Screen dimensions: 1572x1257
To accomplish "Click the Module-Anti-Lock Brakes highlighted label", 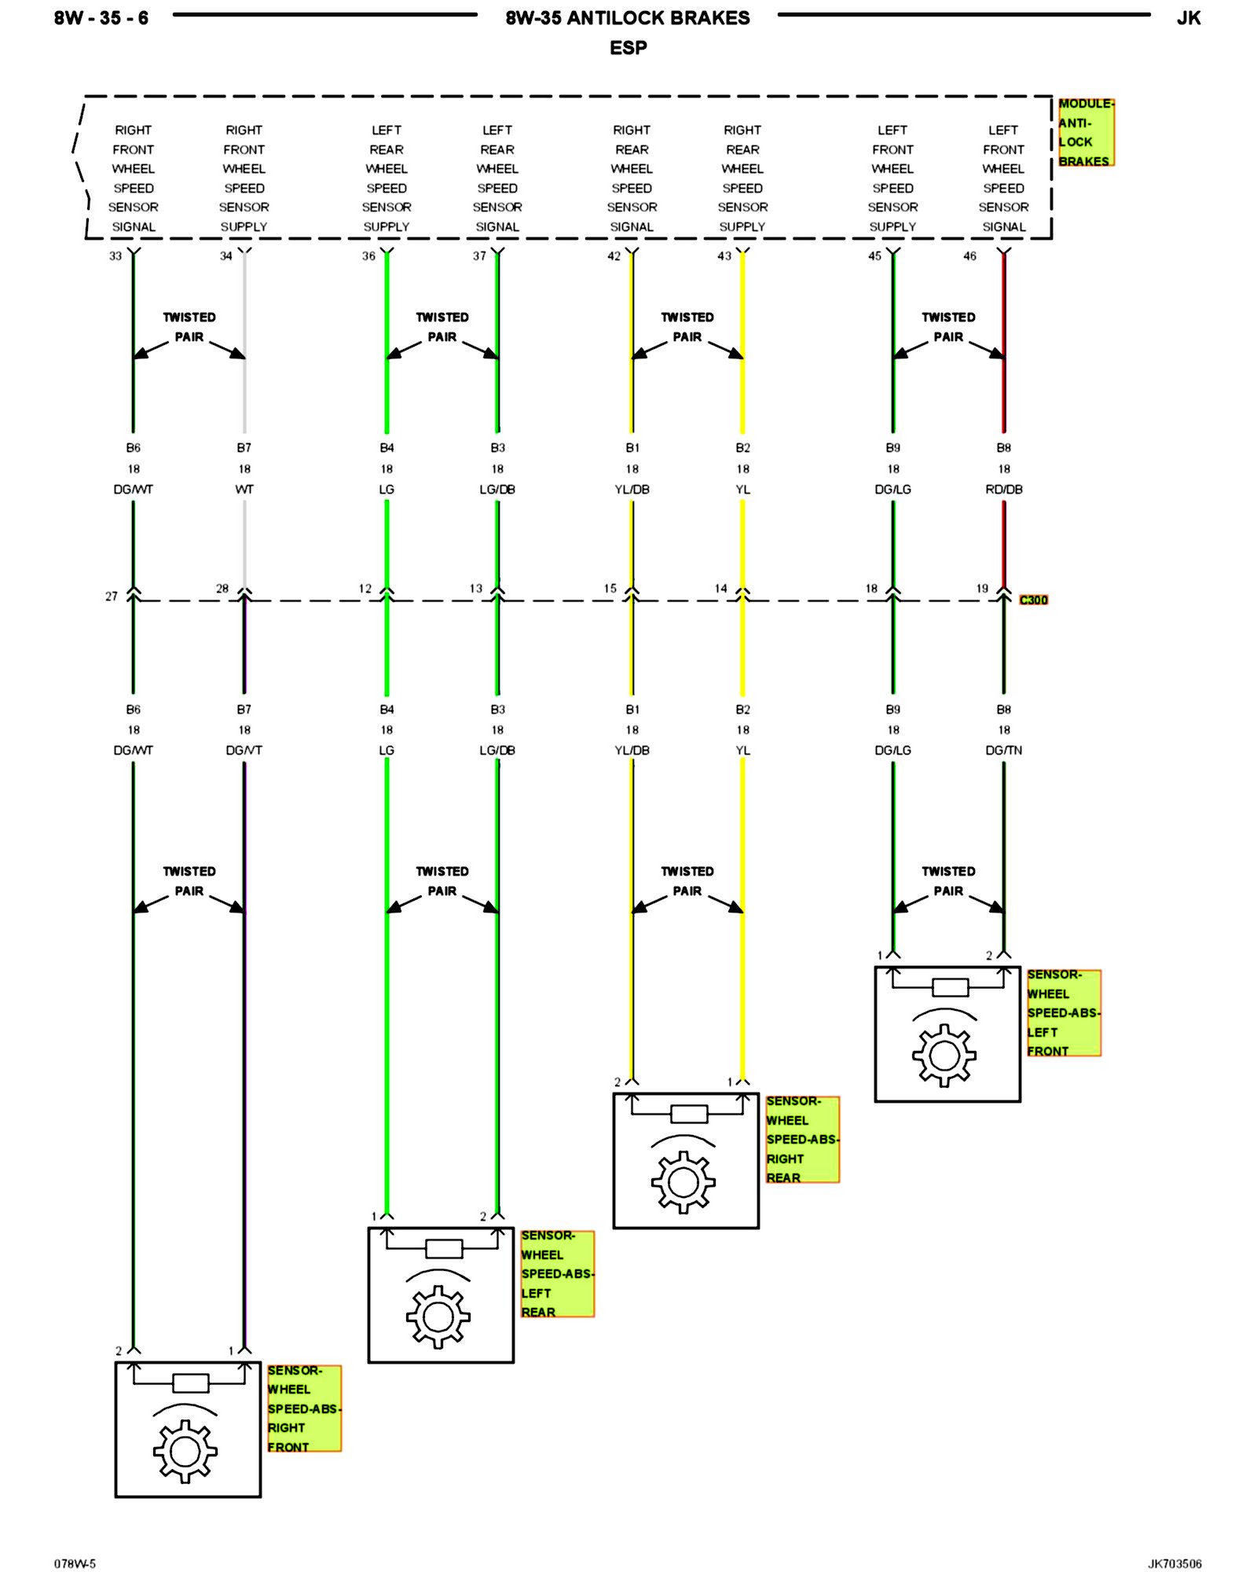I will coord(1085,132).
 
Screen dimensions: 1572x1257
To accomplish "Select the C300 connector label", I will coord(1033,600).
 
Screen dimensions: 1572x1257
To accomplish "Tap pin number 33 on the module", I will coord(115,256).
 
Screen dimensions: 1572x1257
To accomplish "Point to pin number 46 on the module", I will coord(969,256).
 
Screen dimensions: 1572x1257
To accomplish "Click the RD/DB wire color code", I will coord(1003,489).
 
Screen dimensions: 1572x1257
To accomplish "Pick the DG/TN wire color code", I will coord(1003,750).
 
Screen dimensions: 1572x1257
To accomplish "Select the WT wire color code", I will coord(244,489).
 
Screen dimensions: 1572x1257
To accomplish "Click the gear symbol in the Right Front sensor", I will coord(185,1451).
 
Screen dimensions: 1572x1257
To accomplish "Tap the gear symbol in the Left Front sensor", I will coord(944,1055).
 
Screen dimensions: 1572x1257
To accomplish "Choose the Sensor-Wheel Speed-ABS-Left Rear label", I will coord(556,1273).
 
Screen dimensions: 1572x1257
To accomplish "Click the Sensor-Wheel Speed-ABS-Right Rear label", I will coord(802,1139).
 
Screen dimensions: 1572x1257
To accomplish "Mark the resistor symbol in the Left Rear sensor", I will coord(443,1248).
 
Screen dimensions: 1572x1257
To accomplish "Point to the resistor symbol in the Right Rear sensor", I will coord(689,1114).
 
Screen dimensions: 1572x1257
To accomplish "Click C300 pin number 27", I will coord(112,597).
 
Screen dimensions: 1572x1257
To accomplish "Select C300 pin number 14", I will coord(720,588).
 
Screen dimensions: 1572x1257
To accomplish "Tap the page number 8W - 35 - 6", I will coord(101,18).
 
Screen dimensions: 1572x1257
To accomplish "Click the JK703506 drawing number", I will coord(1174,1563).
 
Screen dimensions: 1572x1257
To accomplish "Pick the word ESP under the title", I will coord(628,48).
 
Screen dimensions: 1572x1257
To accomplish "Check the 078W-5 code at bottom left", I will coord(75,1563).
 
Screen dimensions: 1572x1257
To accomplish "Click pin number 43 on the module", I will coord(724,256).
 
